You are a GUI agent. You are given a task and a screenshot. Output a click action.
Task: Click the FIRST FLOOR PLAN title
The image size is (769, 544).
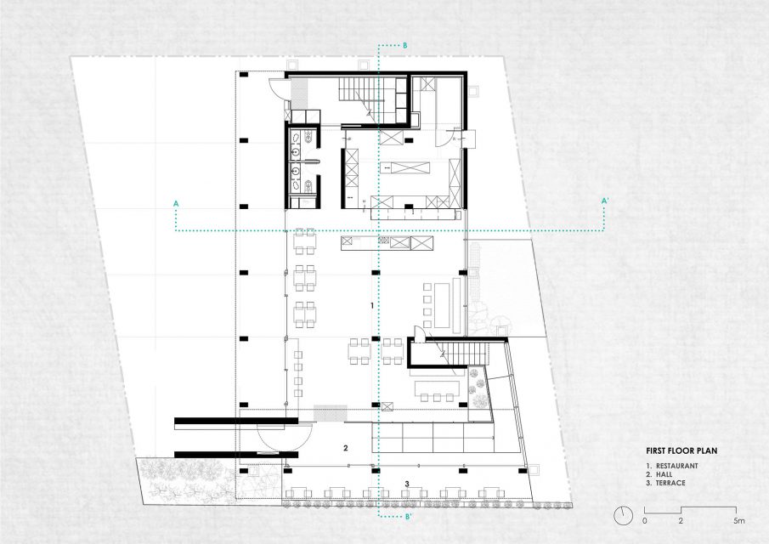(681, 450)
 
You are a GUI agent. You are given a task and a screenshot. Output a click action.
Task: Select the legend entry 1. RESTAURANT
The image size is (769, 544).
(672, 466)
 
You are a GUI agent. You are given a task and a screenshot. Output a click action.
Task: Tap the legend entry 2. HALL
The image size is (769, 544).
(659, 474)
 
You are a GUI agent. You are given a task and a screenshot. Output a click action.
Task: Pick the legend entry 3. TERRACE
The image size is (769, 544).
(665, 483)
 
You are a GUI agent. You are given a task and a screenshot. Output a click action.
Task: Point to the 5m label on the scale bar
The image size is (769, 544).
(739, 520)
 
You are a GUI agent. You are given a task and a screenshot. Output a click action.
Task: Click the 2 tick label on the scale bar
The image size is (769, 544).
(681, 520)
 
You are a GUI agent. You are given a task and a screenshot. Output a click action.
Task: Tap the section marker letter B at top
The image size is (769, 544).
(405, 46)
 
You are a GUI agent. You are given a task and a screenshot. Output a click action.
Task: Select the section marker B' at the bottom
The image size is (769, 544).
(408, 516)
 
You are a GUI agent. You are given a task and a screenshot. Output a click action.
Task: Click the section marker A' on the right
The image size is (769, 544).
(605, 200)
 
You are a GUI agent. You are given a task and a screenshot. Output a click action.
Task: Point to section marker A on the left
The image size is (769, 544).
(176, 202)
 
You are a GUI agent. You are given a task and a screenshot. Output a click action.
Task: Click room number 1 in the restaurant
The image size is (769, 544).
(372, 306)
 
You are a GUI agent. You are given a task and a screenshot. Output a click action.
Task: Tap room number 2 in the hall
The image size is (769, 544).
(346, 448)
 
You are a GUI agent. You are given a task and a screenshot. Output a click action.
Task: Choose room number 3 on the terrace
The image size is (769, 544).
(407, 484)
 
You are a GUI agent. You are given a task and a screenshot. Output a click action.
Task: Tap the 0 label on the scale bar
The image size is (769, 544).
(644, 520)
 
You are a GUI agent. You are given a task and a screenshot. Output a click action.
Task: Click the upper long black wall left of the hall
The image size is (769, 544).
(236, 421)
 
